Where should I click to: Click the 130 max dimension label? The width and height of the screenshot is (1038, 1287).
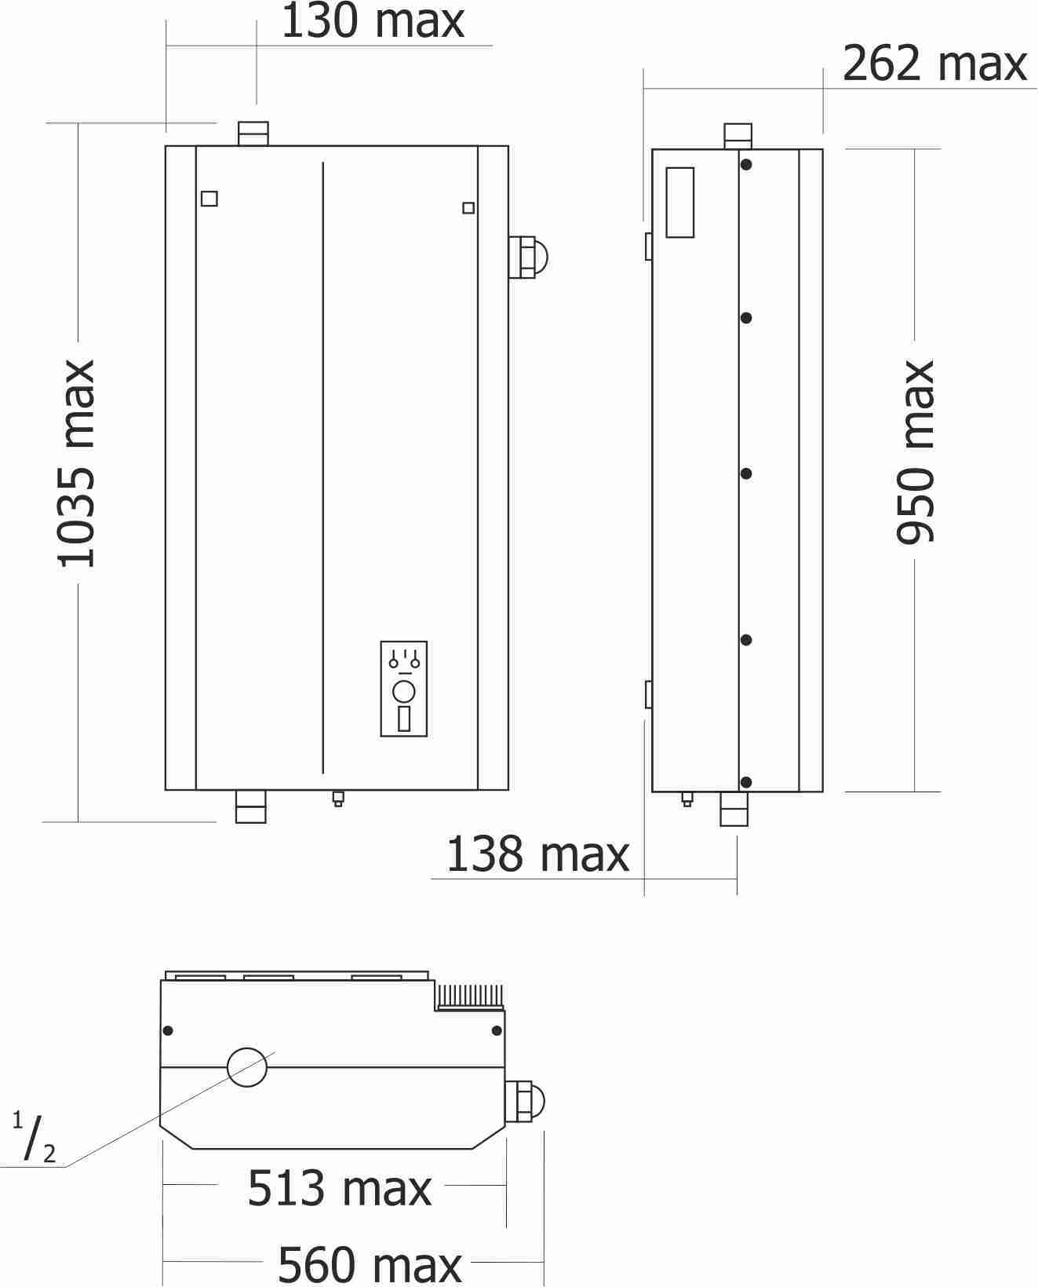tap(372, 21)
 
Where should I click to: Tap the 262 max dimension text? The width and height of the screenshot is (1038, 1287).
tap(934, 64)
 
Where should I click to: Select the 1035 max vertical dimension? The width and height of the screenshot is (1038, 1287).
tap(76, 463)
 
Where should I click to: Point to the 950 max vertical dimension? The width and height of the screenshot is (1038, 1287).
tap(915, 452)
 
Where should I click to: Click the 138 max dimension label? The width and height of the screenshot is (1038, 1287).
tap(537, 854)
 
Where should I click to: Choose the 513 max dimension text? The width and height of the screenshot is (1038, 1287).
tap(339, 1188)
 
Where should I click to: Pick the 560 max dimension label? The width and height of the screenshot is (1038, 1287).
tap(370, 1264)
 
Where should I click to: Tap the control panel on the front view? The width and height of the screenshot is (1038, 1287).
tap(404, 689)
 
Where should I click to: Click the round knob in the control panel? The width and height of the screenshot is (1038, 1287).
tap(404, 692)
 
